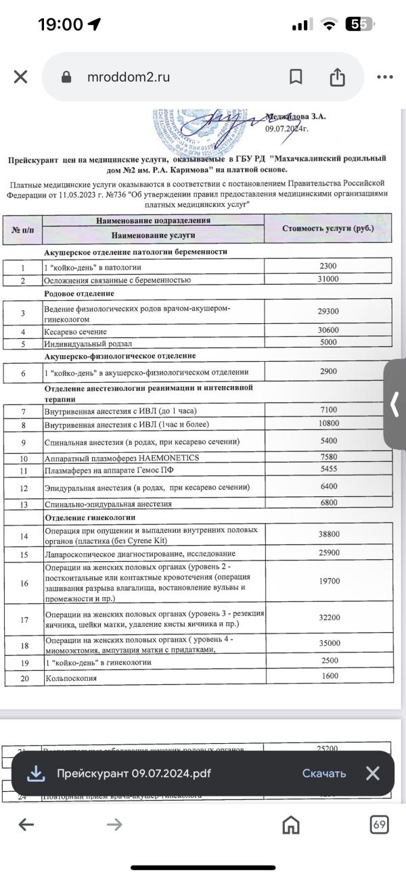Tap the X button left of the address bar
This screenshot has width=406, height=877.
point(20,77)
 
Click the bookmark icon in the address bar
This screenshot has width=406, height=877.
point(296,77)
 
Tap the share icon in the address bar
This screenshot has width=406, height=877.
point(337,78)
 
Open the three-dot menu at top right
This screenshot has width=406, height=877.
point(384,77)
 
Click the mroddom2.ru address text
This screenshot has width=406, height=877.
point(128,77)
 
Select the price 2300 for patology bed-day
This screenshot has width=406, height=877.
point(328,266)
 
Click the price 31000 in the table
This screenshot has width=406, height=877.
point(328,279)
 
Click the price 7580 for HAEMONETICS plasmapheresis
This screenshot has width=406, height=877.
point(328,458)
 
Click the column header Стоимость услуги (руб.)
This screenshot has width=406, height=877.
point(328,229)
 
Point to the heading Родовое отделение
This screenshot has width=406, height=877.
point(79,293)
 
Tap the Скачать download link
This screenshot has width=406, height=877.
point(324,774)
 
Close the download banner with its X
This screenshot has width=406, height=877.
point(372,774)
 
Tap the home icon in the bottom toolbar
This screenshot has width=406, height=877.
point(291,824)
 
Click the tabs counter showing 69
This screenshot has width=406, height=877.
point(380,824)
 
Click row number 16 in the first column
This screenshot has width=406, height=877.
point(24,583)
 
